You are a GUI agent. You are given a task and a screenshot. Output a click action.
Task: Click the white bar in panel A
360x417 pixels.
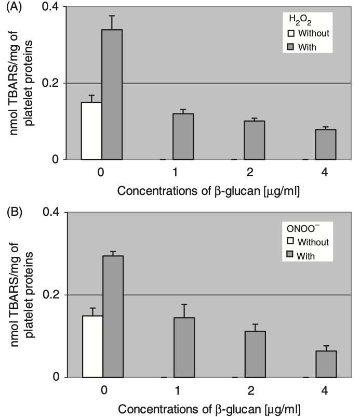[x=91, y=131]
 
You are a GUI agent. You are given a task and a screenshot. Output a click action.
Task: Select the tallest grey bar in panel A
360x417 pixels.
[x=112, y=95]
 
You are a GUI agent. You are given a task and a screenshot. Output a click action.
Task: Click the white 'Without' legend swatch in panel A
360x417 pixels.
[x=291, y=34]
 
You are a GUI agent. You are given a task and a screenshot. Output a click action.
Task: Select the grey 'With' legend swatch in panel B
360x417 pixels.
[x=291, y=255]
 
